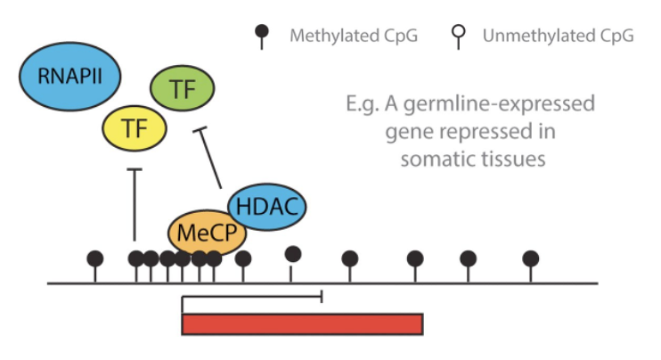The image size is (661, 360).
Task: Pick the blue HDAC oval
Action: click(267, 207)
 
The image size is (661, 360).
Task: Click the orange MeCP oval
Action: click(207, 233)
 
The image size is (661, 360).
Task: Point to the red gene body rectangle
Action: click(302, 323)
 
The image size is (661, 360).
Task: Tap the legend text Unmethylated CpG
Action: click(558, 37)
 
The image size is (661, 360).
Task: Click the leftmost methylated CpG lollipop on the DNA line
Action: click(95, 259)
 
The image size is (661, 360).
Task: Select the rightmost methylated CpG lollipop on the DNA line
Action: click(531, 259)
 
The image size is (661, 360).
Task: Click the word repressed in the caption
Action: click(481, 132)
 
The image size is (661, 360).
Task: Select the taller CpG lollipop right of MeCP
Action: click(292, 255)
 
